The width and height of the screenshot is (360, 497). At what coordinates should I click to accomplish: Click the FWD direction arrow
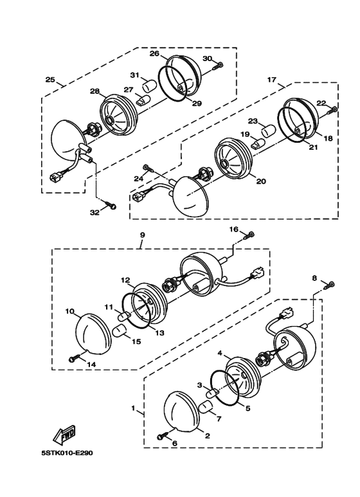[64, 434]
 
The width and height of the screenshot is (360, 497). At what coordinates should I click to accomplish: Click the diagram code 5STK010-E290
[67, 453]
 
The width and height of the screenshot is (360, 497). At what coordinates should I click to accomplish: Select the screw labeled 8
[330, 285]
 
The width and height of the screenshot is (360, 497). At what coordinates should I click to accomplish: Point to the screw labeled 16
[249, 235]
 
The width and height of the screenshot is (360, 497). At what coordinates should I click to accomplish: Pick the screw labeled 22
[332, 111]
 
